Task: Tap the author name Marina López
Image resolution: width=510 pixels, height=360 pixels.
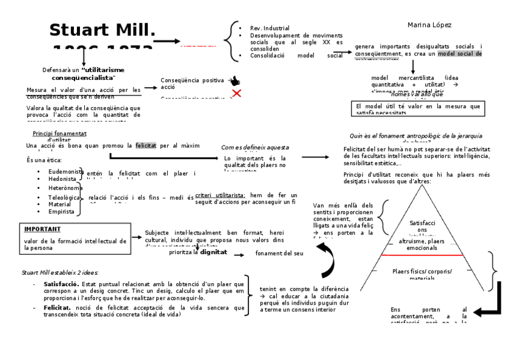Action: point(429,25)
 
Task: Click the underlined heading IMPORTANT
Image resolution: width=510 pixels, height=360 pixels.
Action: point(43,229)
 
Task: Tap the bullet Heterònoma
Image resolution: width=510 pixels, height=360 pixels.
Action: point(64,188)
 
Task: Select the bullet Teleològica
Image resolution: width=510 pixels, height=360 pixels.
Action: point(64,197)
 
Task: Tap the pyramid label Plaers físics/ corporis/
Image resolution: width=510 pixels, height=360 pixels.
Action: point(422,272)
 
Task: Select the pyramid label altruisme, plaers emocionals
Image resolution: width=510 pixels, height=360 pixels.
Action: point(422,244)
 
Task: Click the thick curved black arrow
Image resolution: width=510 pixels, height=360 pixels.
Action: point(328,257)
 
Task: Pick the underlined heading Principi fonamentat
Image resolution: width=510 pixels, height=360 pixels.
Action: point(60,133)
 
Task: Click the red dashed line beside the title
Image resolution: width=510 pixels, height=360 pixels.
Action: point(198,45)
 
